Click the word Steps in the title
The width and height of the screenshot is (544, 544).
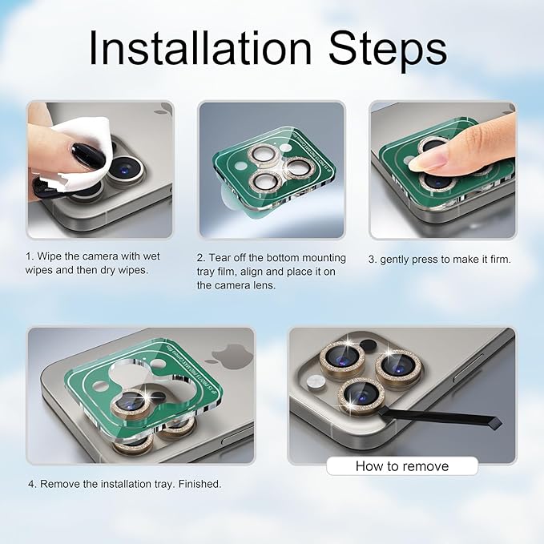coord(388,50)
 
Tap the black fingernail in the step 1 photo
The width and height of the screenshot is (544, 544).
coord(87,155)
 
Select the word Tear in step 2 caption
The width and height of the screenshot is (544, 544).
coord(220,258)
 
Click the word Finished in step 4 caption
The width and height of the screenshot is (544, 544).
coord(199,484)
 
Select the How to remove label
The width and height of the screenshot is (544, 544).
coord(402,466)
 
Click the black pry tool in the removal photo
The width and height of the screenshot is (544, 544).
coord(440,416)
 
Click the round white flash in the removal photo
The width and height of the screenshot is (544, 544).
coord(316,382)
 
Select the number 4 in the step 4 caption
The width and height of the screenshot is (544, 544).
coord(32,484)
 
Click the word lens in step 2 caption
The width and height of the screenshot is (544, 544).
coord(262,285)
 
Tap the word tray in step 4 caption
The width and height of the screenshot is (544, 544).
coord(164,485)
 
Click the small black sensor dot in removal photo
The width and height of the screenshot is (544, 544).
coord(368,345)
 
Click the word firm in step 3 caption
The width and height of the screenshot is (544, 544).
coord(500,259)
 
